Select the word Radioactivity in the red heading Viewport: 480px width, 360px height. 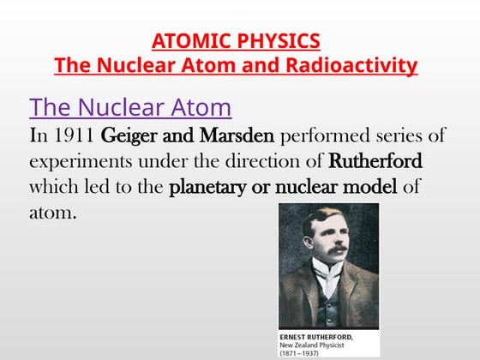click(x=352, y=65)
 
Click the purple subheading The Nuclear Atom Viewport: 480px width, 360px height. click(x=130, y=107)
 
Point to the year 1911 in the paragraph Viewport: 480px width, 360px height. click(x=73, y=135)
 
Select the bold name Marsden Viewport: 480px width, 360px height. click(x=234, y=135)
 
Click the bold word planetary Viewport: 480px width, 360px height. click(x=212, y=186)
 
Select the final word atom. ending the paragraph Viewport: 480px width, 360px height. click(x=52, y=211)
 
